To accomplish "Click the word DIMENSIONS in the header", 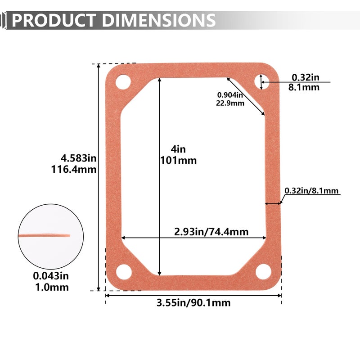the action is point(159,20).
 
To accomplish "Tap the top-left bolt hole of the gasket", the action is point(123,82).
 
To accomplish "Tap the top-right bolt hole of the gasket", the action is point(262,81).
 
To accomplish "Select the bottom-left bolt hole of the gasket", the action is point(124,272).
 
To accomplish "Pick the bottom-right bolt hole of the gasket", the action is point(263,272).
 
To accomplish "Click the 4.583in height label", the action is point(78,158).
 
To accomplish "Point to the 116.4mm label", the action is point(74,170).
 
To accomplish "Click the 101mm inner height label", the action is point(178,161).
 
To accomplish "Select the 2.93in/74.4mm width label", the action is point(211,232).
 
